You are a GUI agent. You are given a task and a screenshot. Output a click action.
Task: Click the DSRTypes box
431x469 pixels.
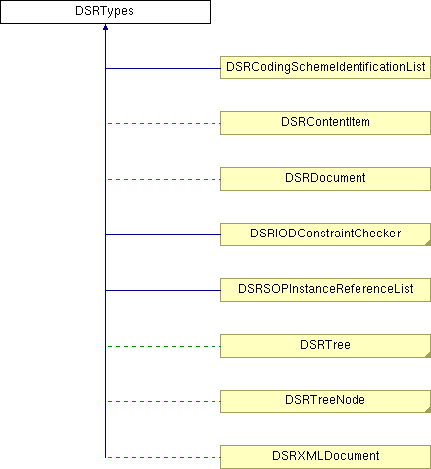pos(105,12)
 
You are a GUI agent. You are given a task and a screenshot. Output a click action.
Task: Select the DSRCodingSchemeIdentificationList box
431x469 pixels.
pos(326,68)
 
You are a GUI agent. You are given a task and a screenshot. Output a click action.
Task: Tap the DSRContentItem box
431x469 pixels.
pos(326,123)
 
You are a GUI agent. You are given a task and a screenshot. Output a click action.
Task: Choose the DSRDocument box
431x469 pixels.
pos(326,179)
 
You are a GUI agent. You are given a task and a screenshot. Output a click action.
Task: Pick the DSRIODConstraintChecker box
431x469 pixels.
pos(326,234)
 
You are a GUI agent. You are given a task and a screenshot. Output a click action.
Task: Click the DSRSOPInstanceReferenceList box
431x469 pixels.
pos(326,290)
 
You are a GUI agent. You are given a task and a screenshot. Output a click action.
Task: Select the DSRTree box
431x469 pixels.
pos(326,346)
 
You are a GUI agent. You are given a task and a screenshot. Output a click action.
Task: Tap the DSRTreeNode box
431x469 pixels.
pos(326,401)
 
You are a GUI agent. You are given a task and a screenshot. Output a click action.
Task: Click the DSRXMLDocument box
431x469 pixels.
pos(326,457)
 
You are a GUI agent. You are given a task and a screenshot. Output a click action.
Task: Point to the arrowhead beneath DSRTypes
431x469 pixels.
pos(105,27)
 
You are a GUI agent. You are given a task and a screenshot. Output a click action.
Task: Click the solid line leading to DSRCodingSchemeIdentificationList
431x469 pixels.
pos(163,68)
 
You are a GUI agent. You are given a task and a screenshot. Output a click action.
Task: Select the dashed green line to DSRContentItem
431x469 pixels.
pos(164,123)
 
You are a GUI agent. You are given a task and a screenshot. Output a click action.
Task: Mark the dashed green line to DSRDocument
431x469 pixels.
pos(164,179)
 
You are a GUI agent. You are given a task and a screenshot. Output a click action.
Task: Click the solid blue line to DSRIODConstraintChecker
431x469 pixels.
pos(163,234)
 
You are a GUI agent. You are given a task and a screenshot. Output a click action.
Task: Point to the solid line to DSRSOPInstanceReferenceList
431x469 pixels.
pos(163,290)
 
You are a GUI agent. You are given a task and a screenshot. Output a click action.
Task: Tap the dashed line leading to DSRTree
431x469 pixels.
pos(164,346)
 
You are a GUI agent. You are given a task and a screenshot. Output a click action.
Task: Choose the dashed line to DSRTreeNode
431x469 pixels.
pos(164,401)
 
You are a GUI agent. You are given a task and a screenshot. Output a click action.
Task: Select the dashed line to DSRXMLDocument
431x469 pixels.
pos(164,457)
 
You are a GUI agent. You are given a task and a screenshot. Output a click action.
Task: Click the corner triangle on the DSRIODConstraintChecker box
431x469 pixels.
pos(428,243)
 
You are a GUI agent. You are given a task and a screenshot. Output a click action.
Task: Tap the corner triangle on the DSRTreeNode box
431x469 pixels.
pos(428,410)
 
